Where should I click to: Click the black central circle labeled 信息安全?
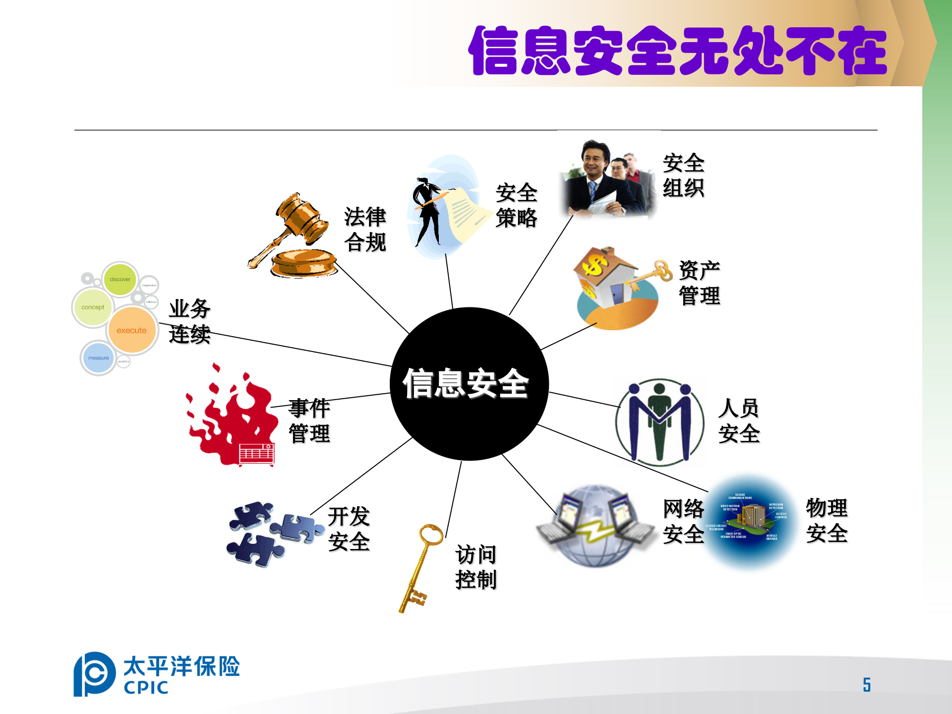(469, 384)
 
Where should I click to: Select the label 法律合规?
(365, 230)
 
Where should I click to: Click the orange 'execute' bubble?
(131, 330)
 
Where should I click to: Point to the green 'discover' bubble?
(120, 279)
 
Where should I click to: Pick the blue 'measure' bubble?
(99, 357)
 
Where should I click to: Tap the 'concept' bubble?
(93, 307)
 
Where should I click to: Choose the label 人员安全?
(739, 421)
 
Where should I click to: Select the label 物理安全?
(827, 520)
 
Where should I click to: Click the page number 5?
(867, 685)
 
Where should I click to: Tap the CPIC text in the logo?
(146, 688)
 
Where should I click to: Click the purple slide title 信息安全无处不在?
(677, 51)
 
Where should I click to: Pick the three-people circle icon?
(659, 421)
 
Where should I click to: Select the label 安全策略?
(516, 205)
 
